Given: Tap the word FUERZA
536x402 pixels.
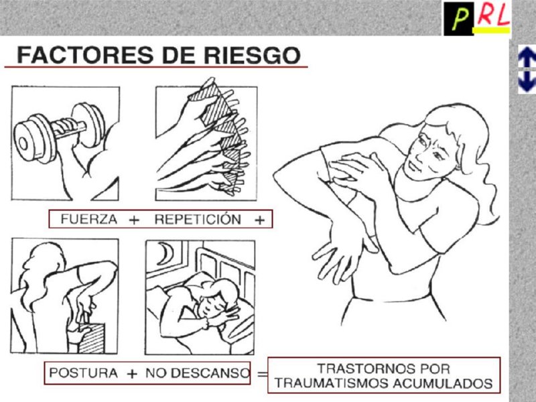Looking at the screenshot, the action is pos(89,219).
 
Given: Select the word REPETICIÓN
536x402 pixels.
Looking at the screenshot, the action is pos(198,219).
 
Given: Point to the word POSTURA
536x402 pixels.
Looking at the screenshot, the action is pos(83,373).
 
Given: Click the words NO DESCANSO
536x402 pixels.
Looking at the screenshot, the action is pos(198,373).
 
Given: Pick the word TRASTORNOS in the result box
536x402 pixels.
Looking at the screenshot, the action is pos(383,369).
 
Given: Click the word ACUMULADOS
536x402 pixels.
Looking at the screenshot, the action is pos(443,383).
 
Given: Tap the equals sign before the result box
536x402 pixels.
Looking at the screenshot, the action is pos(262,374).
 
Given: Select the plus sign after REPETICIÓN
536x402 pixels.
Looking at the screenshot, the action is pos(260,220).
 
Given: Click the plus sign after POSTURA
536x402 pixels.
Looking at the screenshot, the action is pos(131,374).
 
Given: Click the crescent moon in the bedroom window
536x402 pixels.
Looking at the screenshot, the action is pos(166,254).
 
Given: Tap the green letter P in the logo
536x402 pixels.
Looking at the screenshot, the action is pos(460,19).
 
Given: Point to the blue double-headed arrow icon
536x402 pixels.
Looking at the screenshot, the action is pos(527,70).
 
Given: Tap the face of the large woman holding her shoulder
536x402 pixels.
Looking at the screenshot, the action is pos(429,150).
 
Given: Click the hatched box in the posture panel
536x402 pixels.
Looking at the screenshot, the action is pos(91,338).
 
